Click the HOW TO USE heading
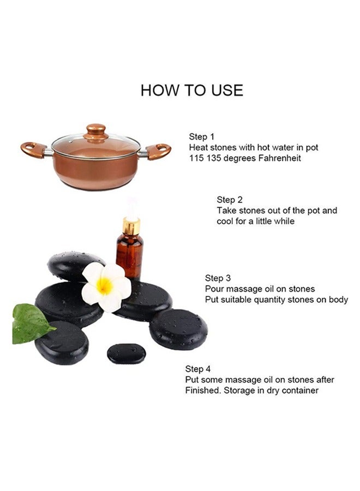coord(191,90)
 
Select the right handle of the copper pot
coord(158,151)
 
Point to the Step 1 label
coord(202,137)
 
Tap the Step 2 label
coord(230,200)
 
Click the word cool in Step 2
coord(224,221)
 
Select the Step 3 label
coord(218,278)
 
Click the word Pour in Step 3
coord(214,289)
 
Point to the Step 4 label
coord(198,369)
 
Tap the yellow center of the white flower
coord(104,285)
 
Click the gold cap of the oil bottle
coord(131,226)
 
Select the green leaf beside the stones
coord(31,324)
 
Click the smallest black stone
coord(127,354)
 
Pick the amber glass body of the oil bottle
coord(130,257)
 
